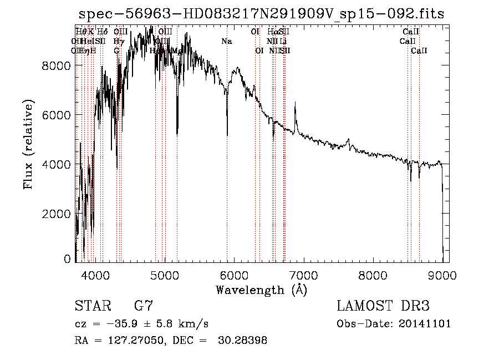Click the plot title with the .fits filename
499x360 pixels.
262,14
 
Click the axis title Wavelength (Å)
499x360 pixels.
261,290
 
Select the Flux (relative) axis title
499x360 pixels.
28,144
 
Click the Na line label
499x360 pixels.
226,41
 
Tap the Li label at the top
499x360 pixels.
283,41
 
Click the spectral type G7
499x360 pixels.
143,306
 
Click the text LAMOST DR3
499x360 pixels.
383,306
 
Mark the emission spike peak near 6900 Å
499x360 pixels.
295,103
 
